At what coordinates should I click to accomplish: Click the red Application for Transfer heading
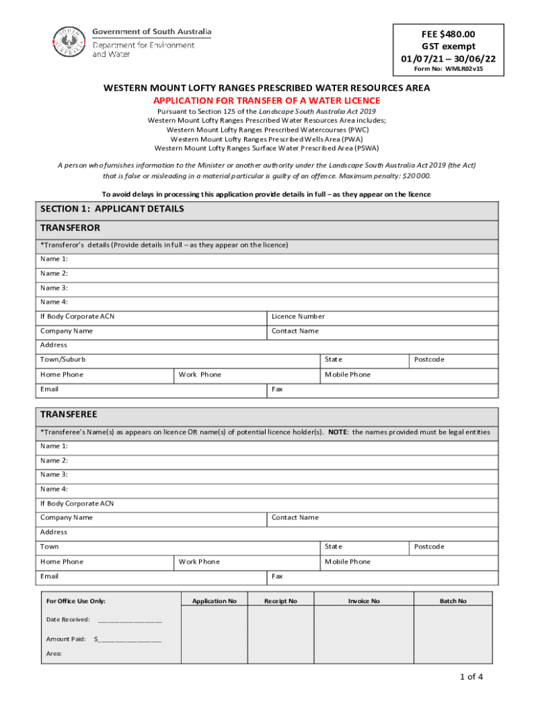267,101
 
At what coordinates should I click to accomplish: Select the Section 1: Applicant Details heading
112,209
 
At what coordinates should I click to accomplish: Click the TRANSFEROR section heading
70,228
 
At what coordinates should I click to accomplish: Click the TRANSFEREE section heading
69,415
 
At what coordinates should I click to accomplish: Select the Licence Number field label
298,316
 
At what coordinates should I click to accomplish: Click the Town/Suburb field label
63,360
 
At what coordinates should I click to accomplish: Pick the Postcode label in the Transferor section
429,360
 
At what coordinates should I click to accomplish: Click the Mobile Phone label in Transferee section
347,562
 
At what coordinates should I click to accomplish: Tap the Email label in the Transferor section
49,389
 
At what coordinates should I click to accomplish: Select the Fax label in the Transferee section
277,576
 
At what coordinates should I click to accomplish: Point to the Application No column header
214,601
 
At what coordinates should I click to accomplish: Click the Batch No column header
453,601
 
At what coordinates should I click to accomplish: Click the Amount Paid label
66,639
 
